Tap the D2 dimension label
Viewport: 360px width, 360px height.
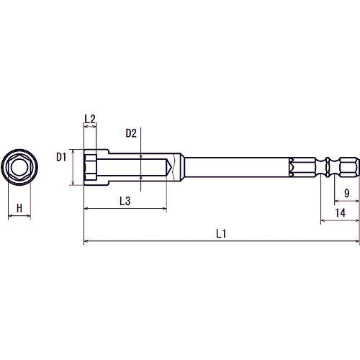click(x=131, y=133)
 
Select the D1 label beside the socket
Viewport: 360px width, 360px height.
click(x=62, y=156)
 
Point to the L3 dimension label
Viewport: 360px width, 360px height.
click(x=124, y=202)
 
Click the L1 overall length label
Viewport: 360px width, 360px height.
click(x=221, y=233)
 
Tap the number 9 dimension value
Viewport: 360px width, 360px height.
click(x=347, y=193)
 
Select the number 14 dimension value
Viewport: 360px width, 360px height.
click(x=341, y=212)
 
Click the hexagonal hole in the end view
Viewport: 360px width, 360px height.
click(x=19, y=168)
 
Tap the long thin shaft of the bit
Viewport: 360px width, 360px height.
click(x=238, y=168)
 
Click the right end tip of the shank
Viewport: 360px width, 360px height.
click(x=356, y=168)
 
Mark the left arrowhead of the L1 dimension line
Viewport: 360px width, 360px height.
click(x=86, y=242)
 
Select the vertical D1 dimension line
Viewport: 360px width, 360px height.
click(x=74, y=168)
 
